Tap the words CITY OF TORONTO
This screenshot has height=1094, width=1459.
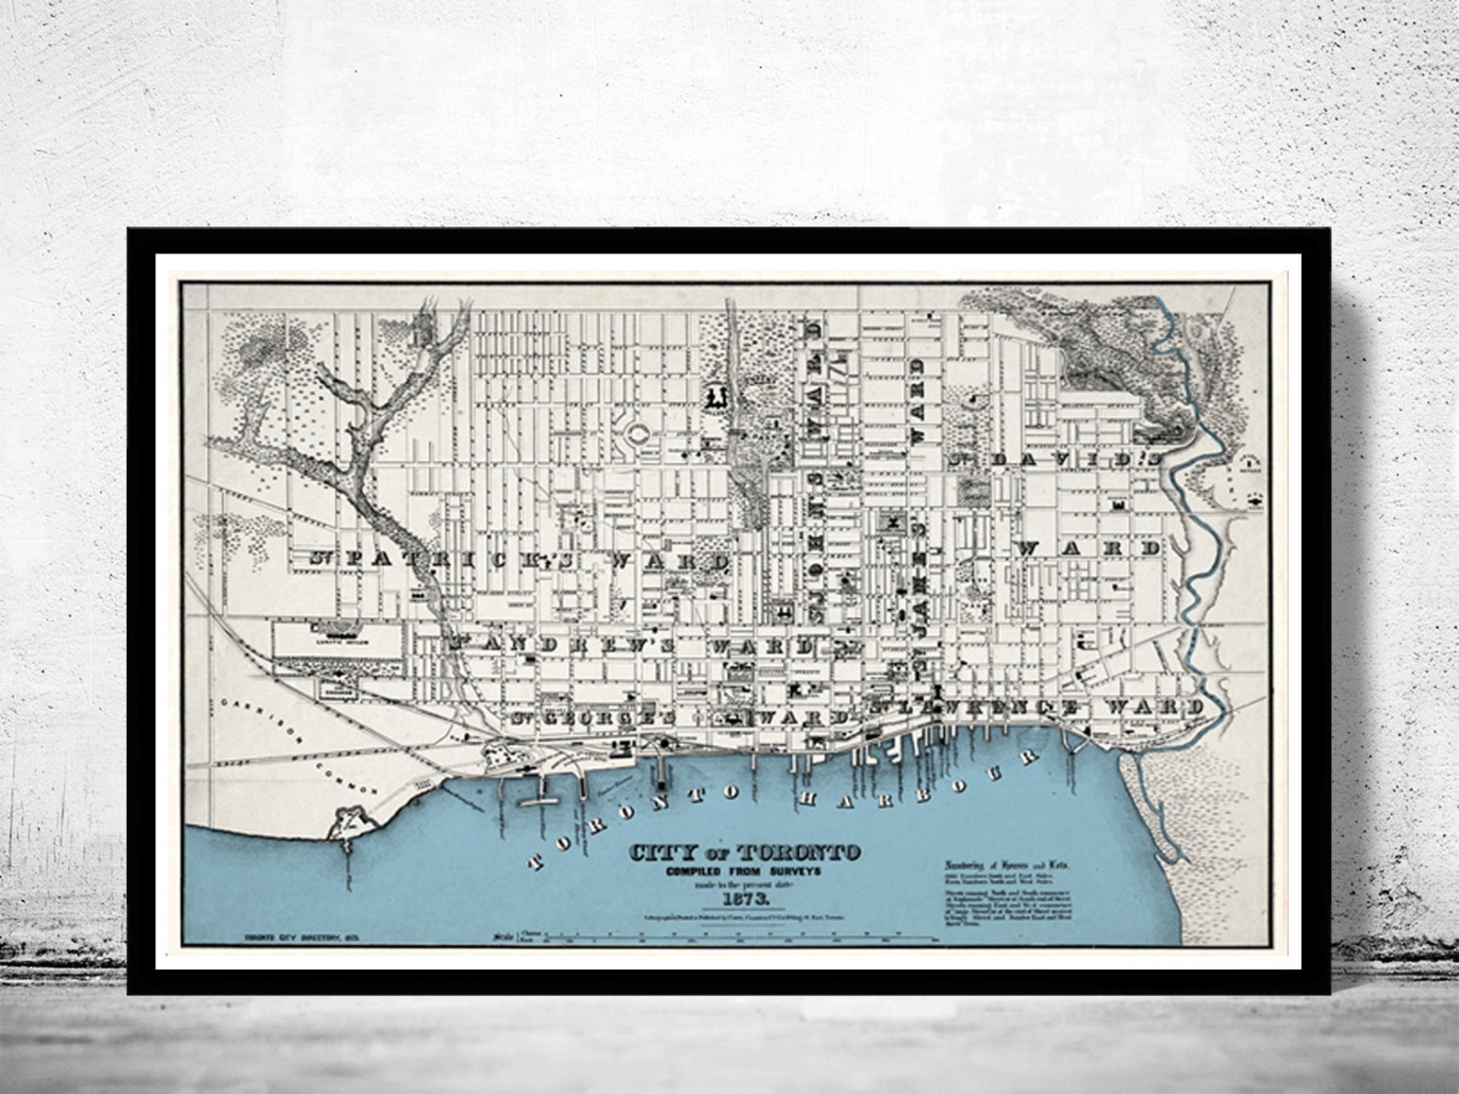point(744,852)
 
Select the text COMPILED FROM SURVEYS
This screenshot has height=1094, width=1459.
point(744,871)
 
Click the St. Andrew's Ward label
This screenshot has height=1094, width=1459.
point(634,645)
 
